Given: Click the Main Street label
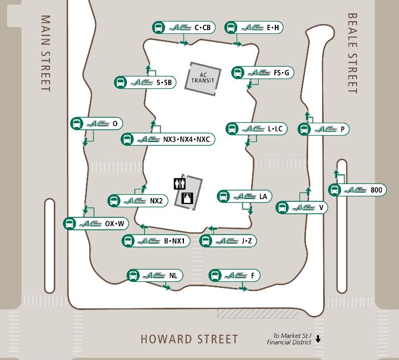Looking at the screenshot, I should (46, 53).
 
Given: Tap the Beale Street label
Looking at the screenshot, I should (353, 53).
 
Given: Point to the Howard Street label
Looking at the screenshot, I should (189, 339).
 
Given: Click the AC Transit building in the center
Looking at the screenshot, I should (203, 79).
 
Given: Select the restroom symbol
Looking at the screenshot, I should (179, 184).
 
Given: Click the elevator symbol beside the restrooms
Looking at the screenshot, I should (188, 198).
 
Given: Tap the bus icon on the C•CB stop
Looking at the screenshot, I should (159, 27).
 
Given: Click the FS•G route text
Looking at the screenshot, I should (281, 73).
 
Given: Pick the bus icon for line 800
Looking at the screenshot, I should (335, 190).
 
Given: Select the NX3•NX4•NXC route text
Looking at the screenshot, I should (186, 139).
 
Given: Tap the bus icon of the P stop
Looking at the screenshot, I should (305, 129).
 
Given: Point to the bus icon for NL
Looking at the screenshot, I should (133, 276).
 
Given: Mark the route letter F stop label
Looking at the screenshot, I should (252, 276).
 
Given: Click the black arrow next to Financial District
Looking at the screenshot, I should (318, 339).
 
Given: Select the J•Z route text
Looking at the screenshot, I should (246, 241).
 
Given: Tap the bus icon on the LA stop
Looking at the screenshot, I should (224, 196).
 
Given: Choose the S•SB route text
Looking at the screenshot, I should (164, 82).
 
